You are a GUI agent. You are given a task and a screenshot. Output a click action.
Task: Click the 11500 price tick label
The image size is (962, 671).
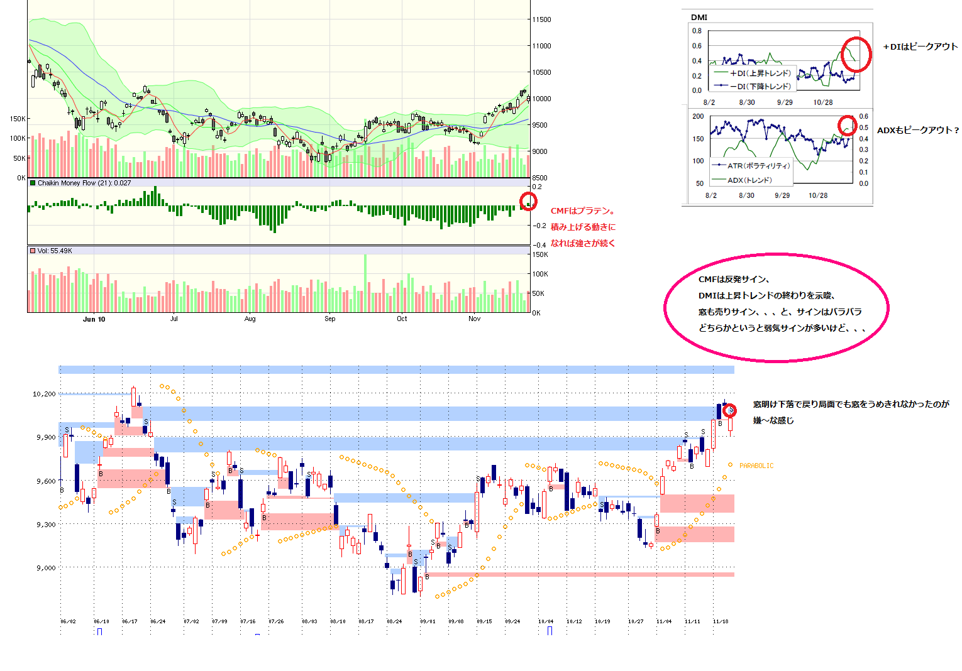click(x=541, y=19)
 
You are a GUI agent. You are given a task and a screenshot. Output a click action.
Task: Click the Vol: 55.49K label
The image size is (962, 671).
click(x=55, y=251)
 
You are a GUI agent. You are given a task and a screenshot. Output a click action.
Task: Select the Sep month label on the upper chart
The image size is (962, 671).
click(x=330, y=319)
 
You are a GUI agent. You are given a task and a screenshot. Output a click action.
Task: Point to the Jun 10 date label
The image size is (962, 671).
click(x=94, y=319)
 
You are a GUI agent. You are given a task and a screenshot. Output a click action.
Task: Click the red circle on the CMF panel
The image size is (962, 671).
click(x=529, y=201)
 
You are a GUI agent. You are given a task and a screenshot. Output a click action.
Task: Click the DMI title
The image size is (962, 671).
click(x=699, y=18)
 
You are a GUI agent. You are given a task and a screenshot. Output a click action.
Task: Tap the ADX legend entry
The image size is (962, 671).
click(x=749, y=180)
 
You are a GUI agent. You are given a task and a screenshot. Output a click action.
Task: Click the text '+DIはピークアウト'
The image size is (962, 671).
click(x=920, y=47)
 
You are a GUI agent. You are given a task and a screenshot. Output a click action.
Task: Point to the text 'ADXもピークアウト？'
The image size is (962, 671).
click(x=918, y=131)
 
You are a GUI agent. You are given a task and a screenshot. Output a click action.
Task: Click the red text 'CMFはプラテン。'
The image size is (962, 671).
click(x=582, y=212)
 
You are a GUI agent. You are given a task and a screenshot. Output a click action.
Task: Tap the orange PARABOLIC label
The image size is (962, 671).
click(x=756, y=466)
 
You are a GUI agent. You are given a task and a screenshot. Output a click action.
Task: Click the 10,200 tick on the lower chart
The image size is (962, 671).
click(x=44, y=394)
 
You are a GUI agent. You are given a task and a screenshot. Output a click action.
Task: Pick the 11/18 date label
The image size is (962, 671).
click(x=721, y=621)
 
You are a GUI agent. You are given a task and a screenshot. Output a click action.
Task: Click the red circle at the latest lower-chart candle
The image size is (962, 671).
click(x=730, y=411)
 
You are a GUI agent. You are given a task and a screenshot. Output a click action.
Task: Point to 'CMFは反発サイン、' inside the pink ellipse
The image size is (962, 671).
click(x=734, y=280)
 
